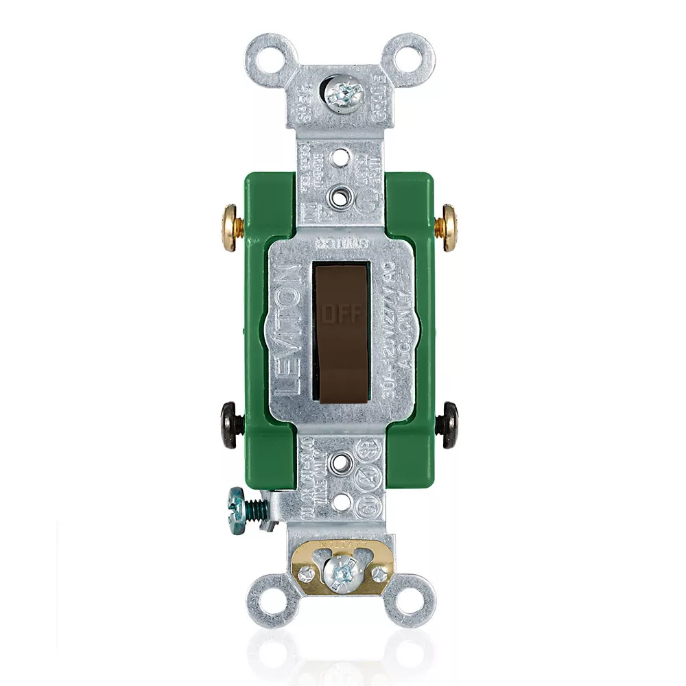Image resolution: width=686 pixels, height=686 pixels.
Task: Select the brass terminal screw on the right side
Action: click(451, 227)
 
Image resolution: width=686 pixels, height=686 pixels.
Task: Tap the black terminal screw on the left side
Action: click(229, 425)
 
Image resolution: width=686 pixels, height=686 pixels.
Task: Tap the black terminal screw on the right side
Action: click(450, 425)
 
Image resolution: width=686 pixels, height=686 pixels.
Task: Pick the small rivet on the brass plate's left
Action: click(308, 571)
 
